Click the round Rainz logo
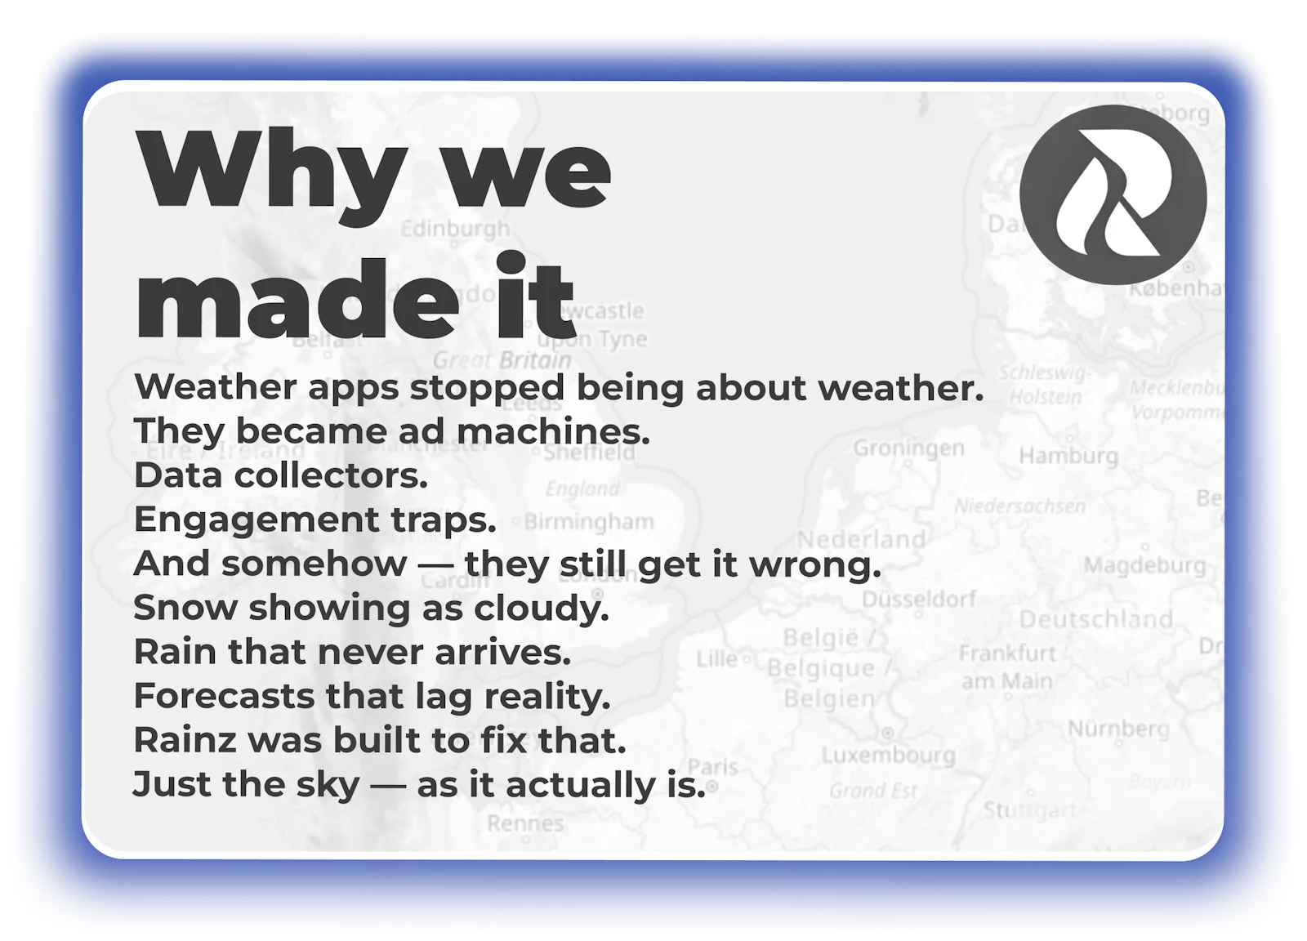[1113, 194]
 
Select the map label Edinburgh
[455, 229]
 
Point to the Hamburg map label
[1068, 455]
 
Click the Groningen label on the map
[908, 448]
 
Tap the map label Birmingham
[589, 521]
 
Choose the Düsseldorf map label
[919, 599]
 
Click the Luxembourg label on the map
[888, 755]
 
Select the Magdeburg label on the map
[1144, 565]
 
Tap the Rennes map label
[525, 823]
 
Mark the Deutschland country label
[1095, 619]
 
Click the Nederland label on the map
[861, 539]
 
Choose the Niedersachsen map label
[1020, 506]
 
